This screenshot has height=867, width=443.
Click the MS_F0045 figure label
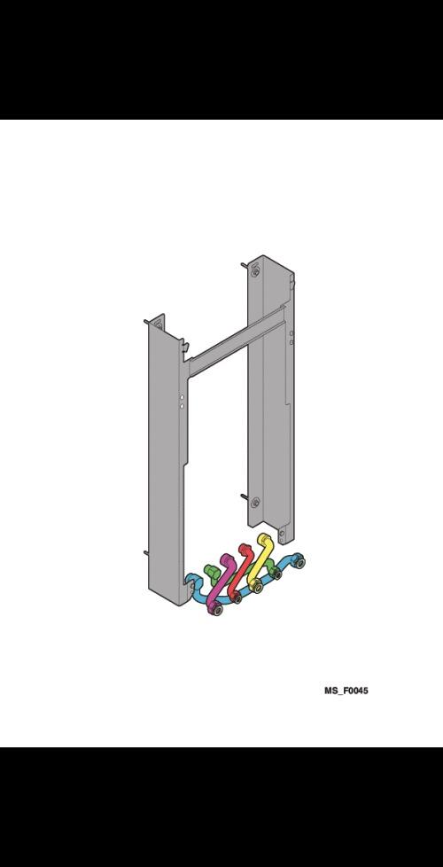point(345,690)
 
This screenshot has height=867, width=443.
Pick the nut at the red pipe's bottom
point(237,598)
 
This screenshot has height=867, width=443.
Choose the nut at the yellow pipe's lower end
point(257,587)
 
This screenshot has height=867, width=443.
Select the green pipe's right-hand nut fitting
point(276,574)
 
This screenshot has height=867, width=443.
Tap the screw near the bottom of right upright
point(254,503)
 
